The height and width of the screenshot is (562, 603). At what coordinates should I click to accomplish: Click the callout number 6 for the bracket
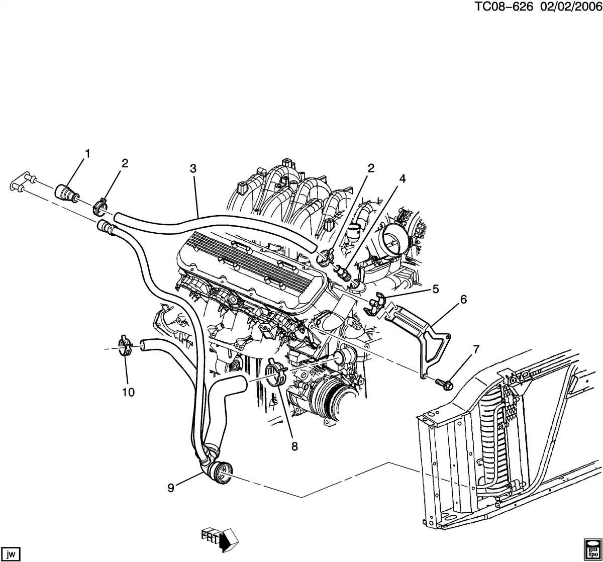(463, 300)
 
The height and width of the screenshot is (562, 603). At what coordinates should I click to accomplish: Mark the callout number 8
(294, 446)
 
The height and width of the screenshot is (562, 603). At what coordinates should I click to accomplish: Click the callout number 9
(171, 488)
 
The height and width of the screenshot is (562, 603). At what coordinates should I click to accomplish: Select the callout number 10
(128, 392)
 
